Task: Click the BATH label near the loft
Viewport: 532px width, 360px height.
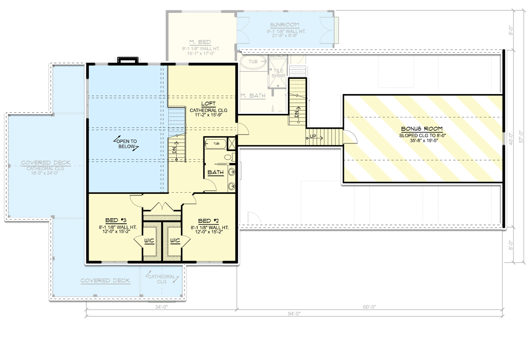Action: pyautogui.click(x=216, y=172)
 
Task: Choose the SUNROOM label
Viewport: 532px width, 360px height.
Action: pyautogui.click(x=285, y=25)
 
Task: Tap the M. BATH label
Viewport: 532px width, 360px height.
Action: pyautogui.click(x=252, y=95)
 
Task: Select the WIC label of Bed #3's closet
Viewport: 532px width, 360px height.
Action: pyautogui.click(x=149, y=241)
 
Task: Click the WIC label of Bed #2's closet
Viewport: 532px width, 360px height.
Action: pyautogui.click(x=175, y=241)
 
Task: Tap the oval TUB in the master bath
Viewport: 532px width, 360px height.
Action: pyautogui.click(x=253, y=62)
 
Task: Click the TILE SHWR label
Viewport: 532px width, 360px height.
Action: pyautogui.click(x=280, y=73)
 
